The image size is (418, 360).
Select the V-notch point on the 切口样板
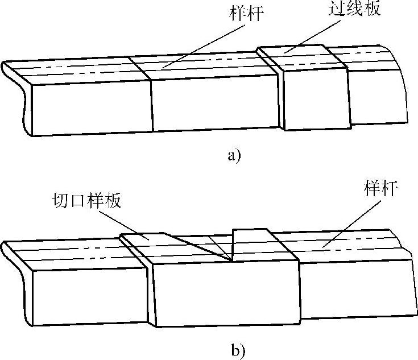click(x=231, y=261)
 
